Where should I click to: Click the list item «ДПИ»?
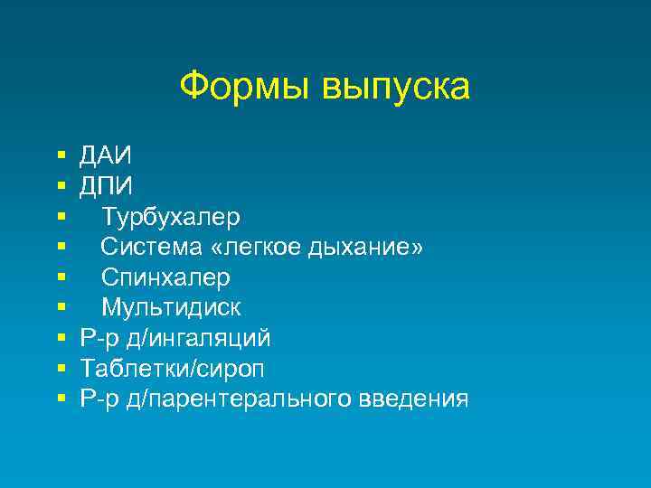pos(106,187)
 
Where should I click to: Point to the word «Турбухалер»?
pos(171,218)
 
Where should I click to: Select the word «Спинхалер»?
pos(165,277)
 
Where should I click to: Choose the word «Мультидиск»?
pos(171,307)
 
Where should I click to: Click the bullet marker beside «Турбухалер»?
pos(61,218)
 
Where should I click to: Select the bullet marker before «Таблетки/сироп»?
pos(61,368)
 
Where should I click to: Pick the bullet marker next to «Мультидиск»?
pos(61,307)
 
